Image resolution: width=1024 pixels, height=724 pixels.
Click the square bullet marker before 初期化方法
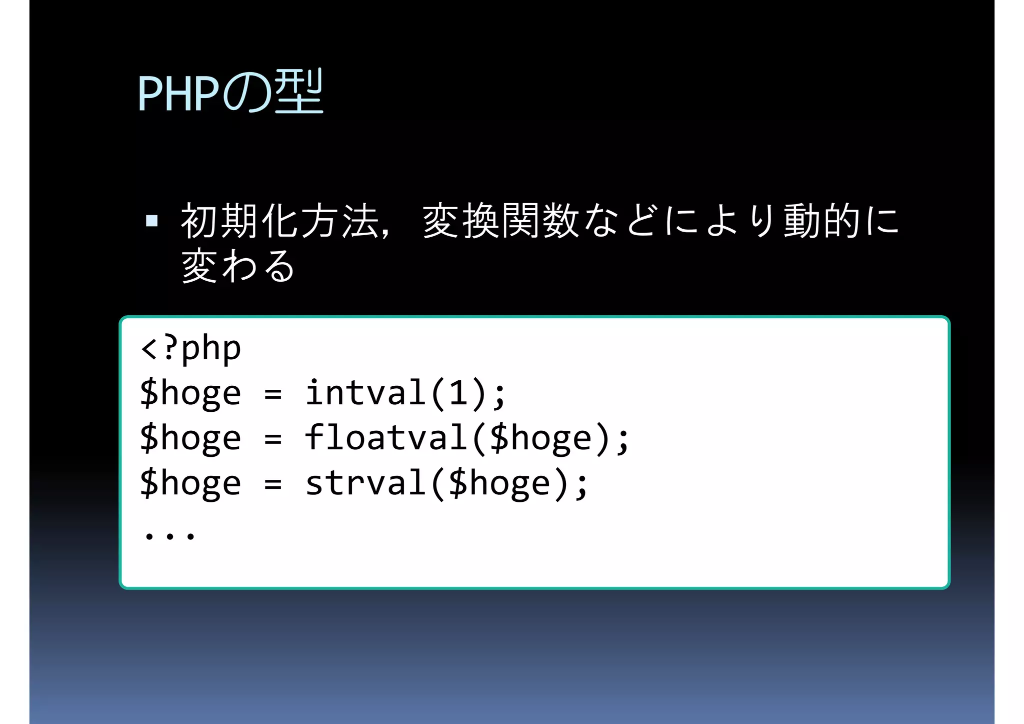[x=151, y=221]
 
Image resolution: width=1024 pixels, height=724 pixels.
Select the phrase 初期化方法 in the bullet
[x=280, y=221]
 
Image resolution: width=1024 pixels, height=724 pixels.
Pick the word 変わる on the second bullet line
[x=238, y=266]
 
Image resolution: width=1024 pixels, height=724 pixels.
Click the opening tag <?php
[x=191, y=348]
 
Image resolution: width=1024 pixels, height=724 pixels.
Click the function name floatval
[x=386, y=438]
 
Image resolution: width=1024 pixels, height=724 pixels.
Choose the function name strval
[x=365, y=483]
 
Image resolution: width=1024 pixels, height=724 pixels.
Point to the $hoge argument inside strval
[x=499, y=483]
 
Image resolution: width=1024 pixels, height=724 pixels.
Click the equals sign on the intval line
[x=273, y=394]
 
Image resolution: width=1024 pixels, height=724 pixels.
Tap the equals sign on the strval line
[x=273, y=484]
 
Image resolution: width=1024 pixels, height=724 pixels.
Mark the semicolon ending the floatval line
[x=622, y=440]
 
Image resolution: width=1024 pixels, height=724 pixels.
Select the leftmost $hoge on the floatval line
[x=190, y=438]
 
